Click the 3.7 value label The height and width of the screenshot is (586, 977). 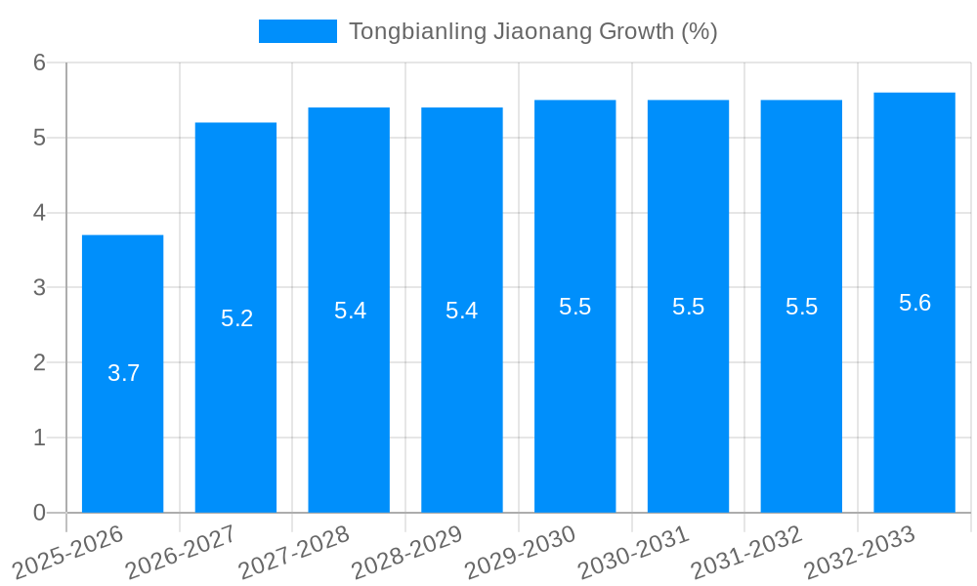pyautogui.click(x=124, y=373)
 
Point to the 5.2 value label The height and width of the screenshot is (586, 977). pyautogui.click(x=237, y=318)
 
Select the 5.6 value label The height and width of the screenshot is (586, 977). pyautogui.click(x=915, y=303)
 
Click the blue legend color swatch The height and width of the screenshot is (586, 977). pyautogui.click(x=297, y=31)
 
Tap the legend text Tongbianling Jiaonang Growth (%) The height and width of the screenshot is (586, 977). pyautogui.click(x=532, y=31)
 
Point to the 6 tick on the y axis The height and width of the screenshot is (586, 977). pyautogui.click(x=40, y=63)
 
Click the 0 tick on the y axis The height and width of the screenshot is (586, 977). pyautogui.click(x=40, y=513)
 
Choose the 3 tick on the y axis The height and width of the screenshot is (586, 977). pyautogui.click(x=40, y=288)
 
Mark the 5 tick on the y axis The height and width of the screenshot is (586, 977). pyautogui.click(x=40, y=138)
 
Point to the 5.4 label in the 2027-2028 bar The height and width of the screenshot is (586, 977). pyautogui.click(x=351, y=311)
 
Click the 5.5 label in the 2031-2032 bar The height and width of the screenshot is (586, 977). pyautogui.click(x=802, y=307)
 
